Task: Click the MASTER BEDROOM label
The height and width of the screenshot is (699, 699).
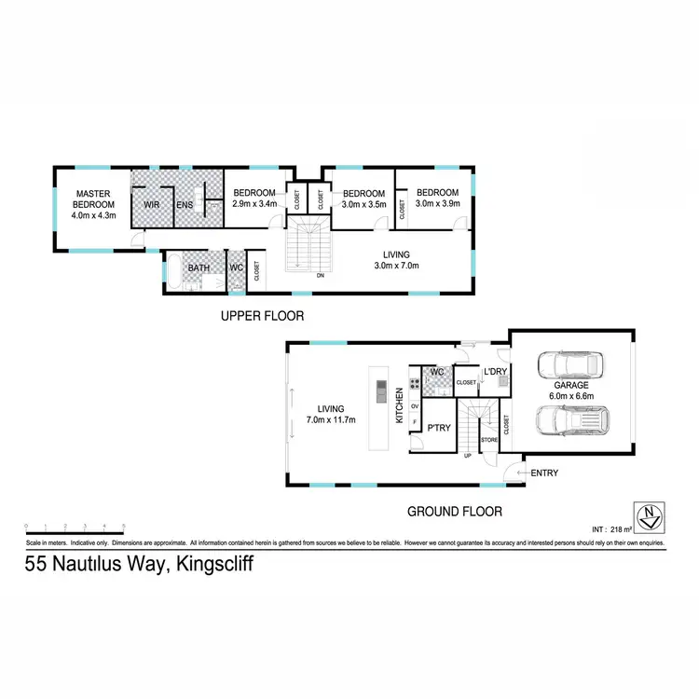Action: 94,199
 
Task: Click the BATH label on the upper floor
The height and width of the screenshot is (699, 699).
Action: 199,268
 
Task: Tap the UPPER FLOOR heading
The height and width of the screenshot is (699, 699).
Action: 262,316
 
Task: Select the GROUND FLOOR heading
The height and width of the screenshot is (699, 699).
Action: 454,511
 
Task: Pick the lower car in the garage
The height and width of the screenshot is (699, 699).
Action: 569,422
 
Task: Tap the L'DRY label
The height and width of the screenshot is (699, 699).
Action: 494,373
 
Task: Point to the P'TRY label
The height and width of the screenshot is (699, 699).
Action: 438,428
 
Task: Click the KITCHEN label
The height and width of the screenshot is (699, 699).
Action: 400,406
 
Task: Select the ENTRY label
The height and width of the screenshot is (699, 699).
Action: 544,473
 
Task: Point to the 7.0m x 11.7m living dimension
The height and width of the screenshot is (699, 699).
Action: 331,419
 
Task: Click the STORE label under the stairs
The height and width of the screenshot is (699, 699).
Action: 488,438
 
